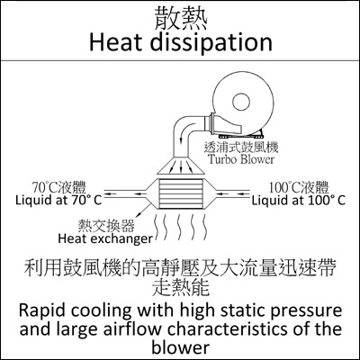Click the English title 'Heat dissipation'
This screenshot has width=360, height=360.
pos(181,42)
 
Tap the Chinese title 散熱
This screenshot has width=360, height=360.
pos(181,19)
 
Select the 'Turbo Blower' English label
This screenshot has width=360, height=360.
pos(241,159)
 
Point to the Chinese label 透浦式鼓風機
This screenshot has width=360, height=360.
pos(241,147)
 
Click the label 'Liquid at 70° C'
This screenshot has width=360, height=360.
pos(58,200)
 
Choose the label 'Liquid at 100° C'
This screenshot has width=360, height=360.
pos(299,200)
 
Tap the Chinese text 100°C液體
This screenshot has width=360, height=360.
pos(299,187)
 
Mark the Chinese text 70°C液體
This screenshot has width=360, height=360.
pos(59,187)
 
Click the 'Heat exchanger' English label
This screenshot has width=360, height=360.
pos(105,239)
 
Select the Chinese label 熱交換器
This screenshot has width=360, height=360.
pos(106,226)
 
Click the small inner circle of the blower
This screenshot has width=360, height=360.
pos(241,102)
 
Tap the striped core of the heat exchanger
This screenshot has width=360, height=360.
pos(180,193)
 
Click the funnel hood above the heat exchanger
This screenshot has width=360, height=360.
pos(181,166)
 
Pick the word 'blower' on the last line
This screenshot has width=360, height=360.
pos(180,347)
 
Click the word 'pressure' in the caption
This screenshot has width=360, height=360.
pos(306,311)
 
